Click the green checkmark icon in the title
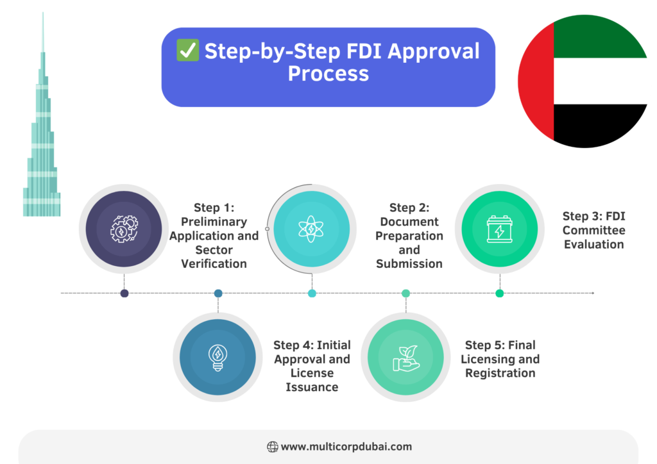pyautogui.click(x=188, y=51)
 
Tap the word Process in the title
pyautogui.click(x=328, y=74)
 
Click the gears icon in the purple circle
pyautogui.click(x=124, y=229)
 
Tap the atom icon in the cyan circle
pyautogui.click(x=311, y=229)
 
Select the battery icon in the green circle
pyautogui.click(x=499, y=229)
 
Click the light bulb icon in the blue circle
pyautogui.click(x=218, y=357)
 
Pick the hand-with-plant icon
pyautogui.click(x=405, y=357)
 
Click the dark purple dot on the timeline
pyautogui.click(x=124, y=294)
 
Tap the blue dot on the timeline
pyautogui.click(x=218, y=294)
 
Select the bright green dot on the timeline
pyautogui.click(x=499, y=294)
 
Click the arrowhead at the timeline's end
pyautogui.click(x=593, y=293)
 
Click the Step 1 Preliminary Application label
pyautogui.click(x=214, y=236)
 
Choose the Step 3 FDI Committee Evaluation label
pyautogui.click(x=593, y=230)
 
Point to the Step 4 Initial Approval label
pyautogui.click(x=312, y=366)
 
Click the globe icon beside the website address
pyautogui.click(x=272, y=447)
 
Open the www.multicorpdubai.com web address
pyautogui.click(x=346, y=447)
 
